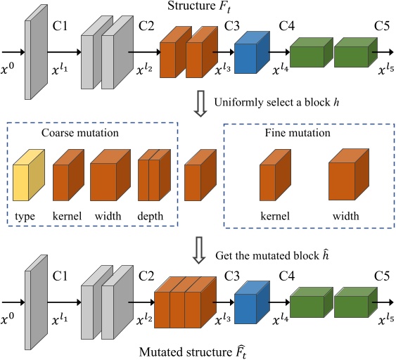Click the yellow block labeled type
click(27, 178)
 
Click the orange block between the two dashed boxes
click(200, 179)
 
